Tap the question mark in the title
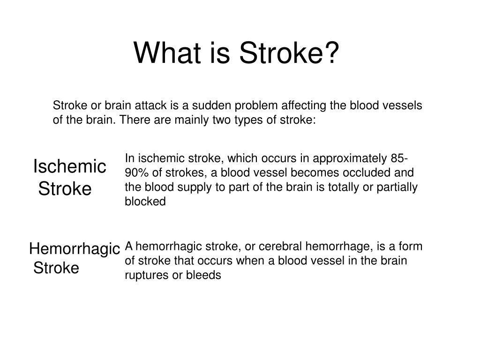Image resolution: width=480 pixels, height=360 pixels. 332,53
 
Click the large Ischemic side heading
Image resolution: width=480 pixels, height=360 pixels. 70,166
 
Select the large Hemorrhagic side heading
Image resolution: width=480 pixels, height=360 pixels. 75,248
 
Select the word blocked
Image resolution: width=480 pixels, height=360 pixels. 145,202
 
